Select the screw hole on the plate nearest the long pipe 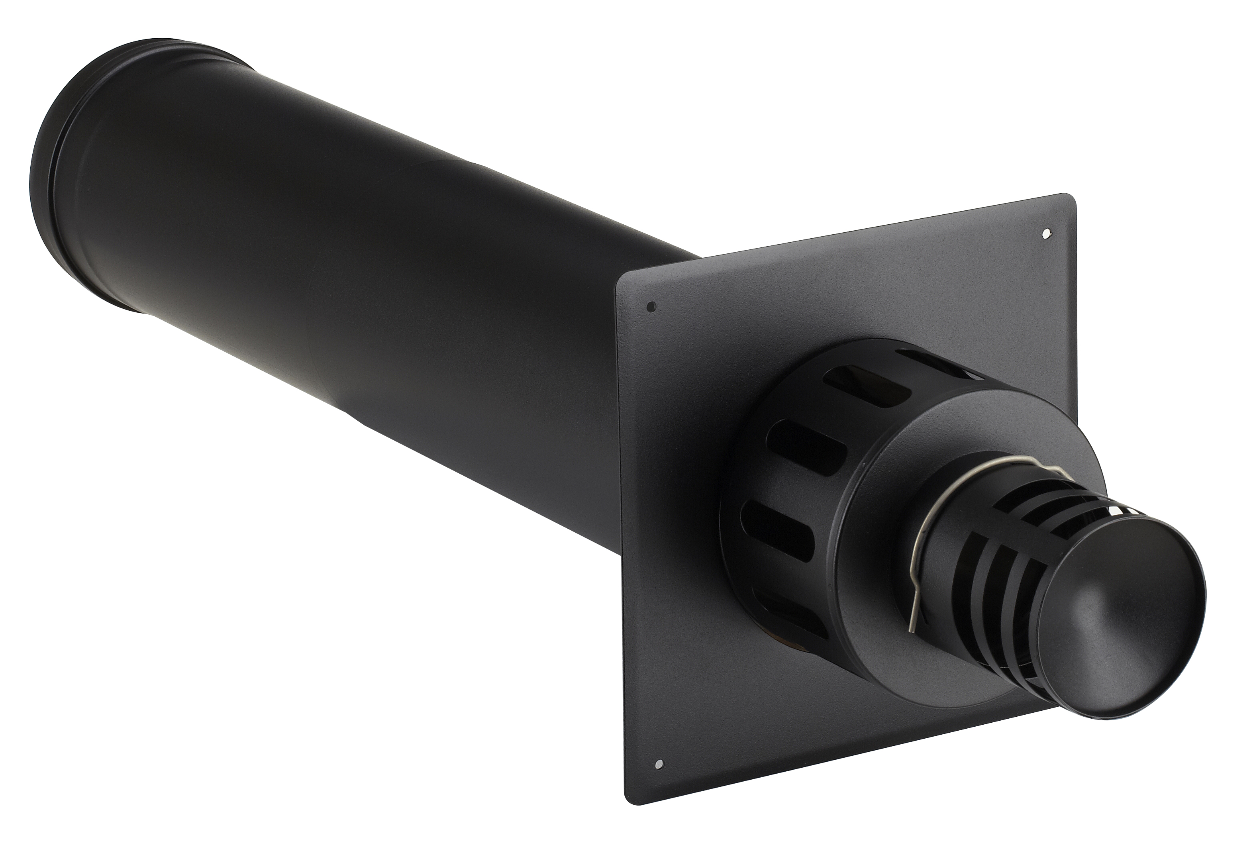651,306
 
